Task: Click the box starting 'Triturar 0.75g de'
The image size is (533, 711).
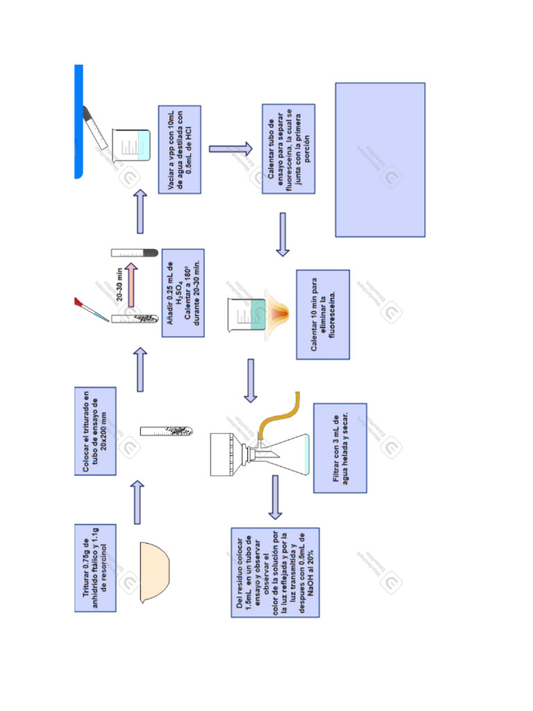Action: tap(95, 567)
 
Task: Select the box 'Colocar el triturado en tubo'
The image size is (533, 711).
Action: tap(95, 430)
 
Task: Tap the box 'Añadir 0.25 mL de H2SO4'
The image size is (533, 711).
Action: tap(183, 293)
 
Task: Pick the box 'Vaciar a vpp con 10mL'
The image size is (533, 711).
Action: tap(180, 150)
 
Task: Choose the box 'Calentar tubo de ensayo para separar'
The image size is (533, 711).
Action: tap(289, 149)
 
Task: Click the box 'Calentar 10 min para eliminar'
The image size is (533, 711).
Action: tap(323, 315)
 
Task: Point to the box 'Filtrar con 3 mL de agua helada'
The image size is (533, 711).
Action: tap(340, 448)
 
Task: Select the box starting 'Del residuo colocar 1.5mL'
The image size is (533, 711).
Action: tap(276, 572)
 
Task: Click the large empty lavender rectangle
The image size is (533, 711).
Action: tap(380, 160)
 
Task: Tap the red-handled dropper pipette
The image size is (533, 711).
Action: tap(90, 310)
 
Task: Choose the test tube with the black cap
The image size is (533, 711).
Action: tap(135, 253)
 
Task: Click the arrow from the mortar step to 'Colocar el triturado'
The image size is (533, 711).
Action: tap(137, 501)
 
